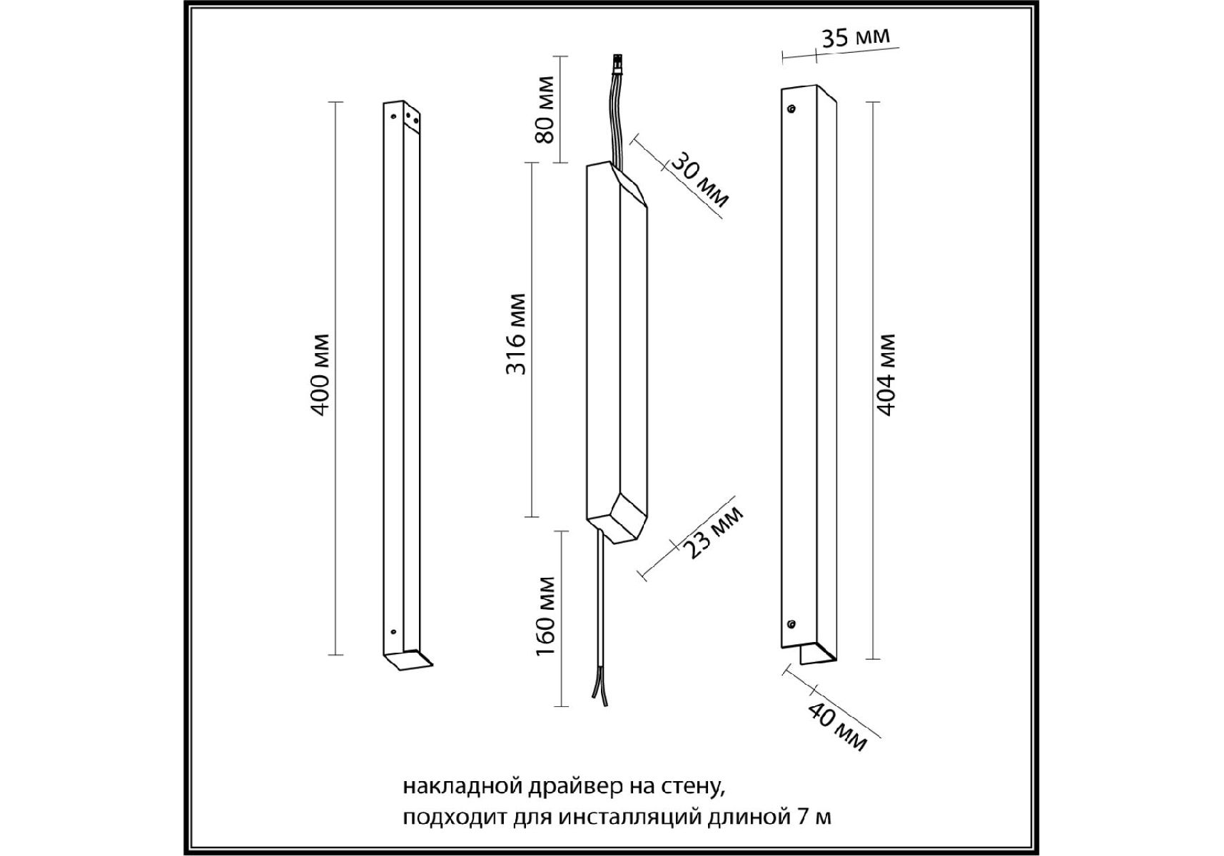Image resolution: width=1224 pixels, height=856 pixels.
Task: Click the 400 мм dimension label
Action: pos(320,374)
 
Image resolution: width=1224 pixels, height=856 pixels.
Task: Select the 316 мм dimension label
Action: pos(515,333)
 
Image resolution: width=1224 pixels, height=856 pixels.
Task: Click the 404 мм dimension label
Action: pos(886,374)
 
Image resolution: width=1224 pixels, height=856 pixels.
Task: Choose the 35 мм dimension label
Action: pos(855,37)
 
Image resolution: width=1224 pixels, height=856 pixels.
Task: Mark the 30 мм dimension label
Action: pos(700,180)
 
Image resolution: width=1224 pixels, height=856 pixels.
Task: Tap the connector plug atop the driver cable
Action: pos(616,65)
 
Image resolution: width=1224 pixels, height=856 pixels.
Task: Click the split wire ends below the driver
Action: pos(599,691)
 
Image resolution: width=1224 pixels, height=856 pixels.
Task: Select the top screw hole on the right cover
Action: pos(791,108)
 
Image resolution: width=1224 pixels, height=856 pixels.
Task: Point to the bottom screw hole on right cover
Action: pos(791,624)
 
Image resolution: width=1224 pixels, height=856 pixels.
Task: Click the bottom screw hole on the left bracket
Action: pos(392,631)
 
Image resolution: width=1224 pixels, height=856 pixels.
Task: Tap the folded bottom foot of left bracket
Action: pos(408,660)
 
